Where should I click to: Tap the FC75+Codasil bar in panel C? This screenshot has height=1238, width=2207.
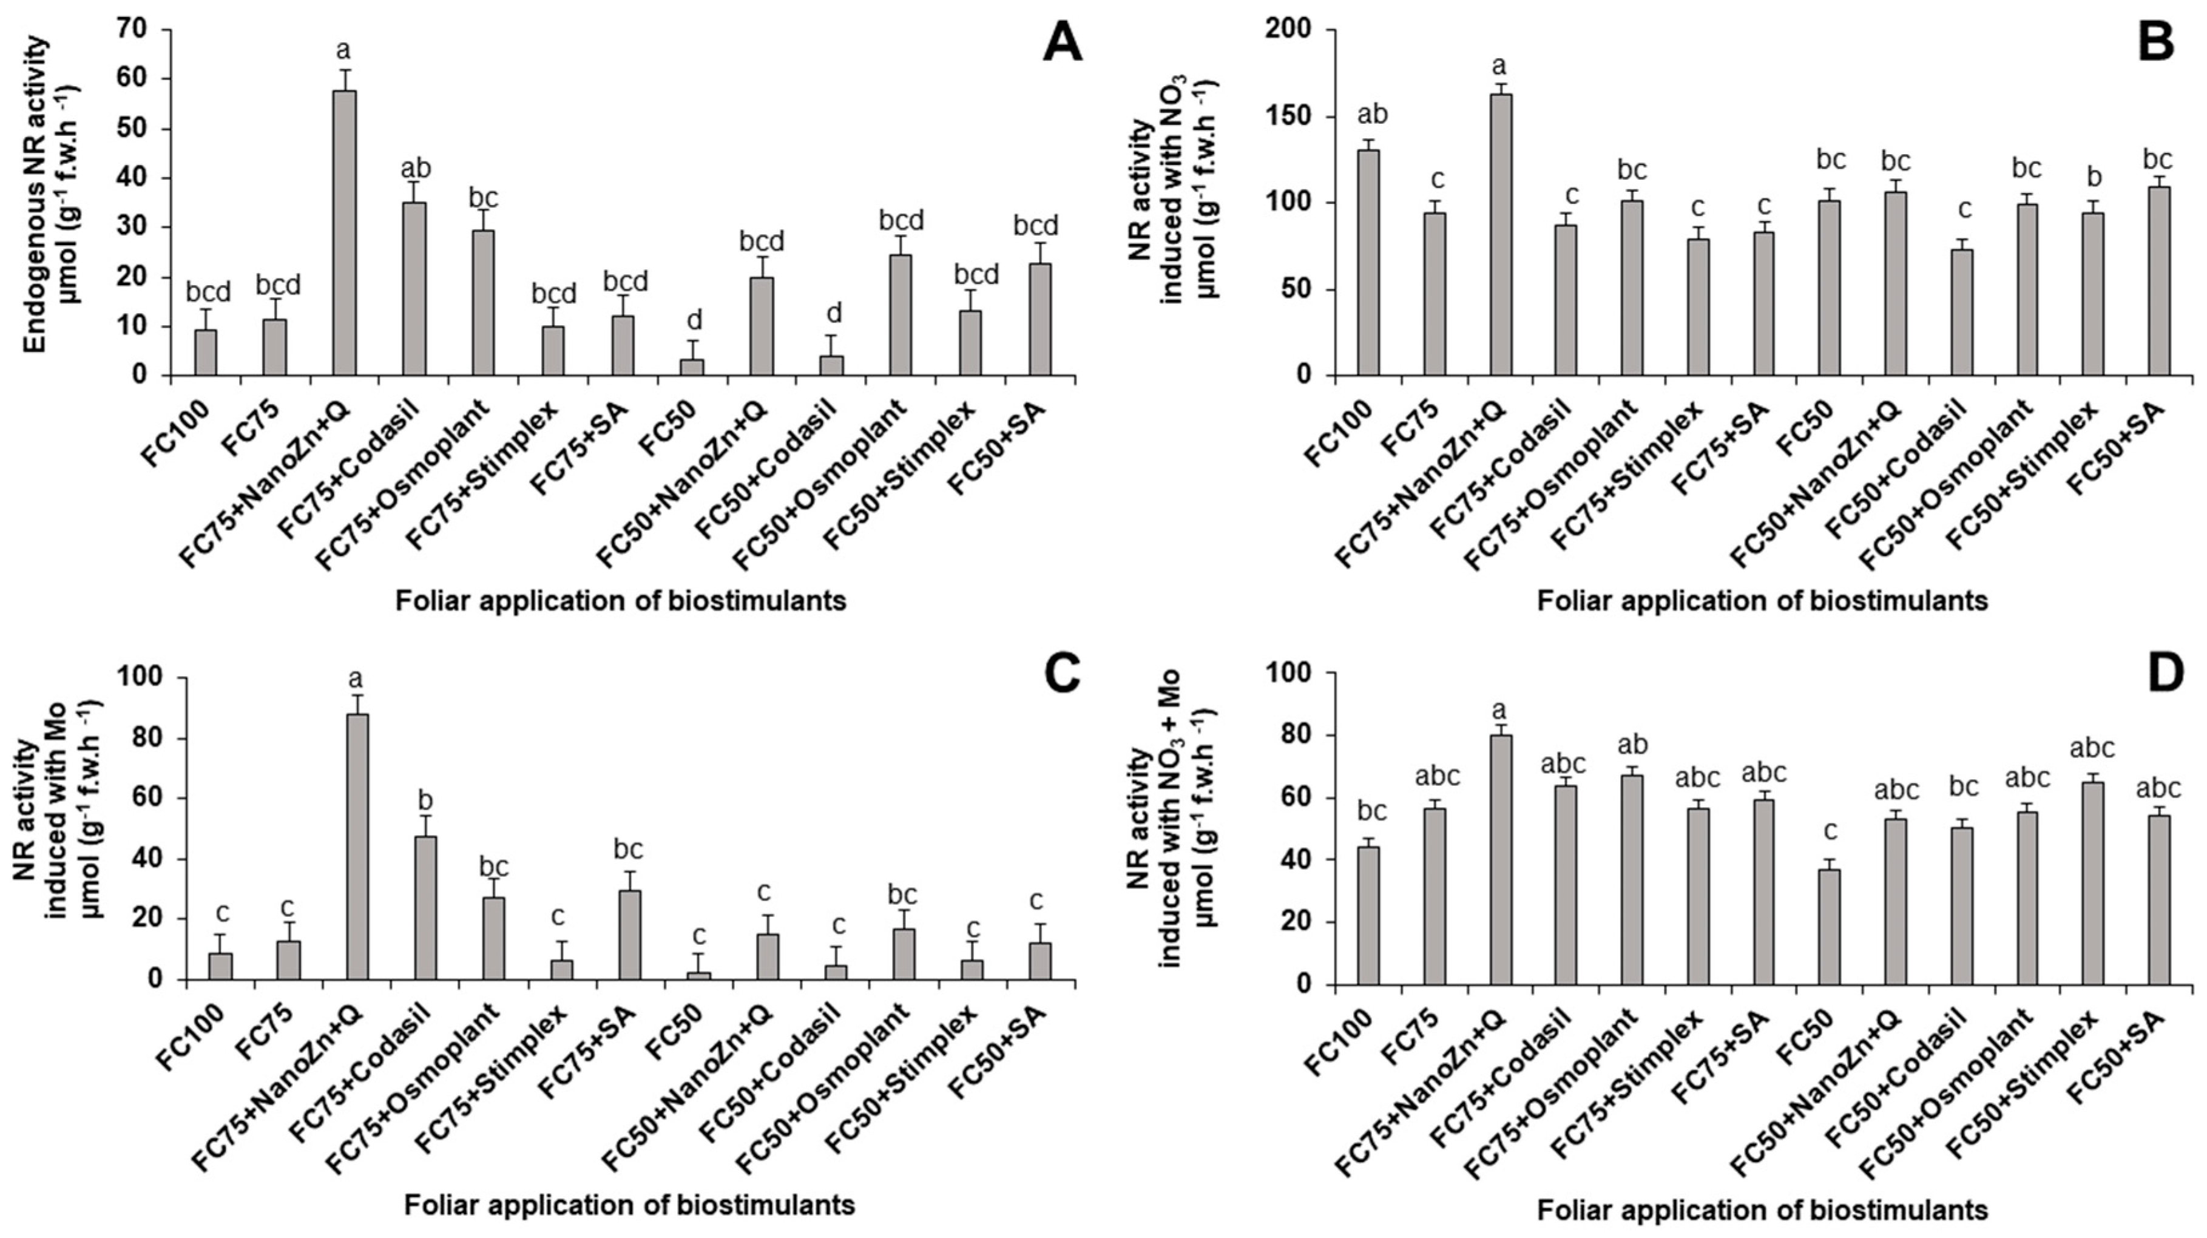425,907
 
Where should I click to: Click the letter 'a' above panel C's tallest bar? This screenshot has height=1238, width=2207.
356,680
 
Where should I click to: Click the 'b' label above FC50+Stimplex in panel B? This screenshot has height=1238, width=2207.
2093,177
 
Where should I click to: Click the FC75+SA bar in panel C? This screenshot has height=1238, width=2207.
630,934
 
